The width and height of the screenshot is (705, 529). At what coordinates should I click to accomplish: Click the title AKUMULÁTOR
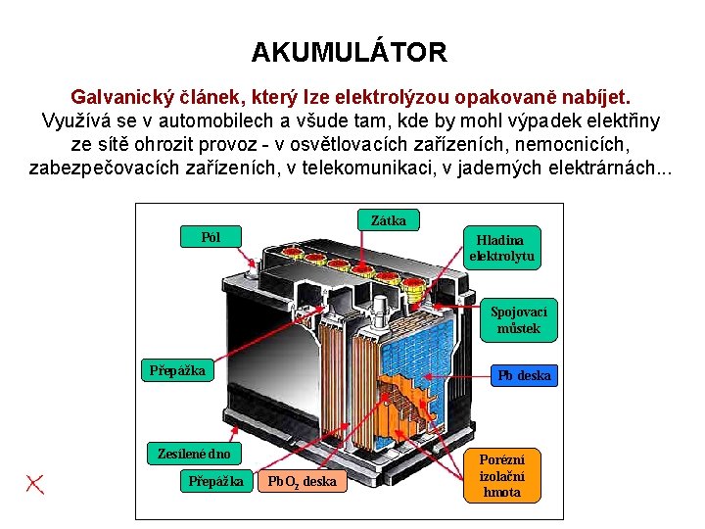tap(350, 52)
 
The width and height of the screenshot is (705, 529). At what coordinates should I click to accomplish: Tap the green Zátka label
tap(389, 220)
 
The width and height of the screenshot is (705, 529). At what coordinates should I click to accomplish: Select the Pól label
tap(211, 236)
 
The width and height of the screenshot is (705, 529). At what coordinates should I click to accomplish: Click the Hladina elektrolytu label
tap(502, 248)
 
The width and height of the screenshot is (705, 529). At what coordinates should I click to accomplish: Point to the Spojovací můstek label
tap(519, 319)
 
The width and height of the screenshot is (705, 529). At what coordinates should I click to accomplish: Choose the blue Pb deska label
tap(524, 375)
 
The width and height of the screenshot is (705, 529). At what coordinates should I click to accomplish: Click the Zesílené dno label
tap(194, 454)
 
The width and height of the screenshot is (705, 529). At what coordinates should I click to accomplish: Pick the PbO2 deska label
tap(302, 481)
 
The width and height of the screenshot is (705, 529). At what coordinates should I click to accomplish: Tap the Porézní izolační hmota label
tap(502, 475)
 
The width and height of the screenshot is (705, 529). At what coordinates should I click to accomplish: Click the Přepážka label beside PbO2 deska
tap(216, 481)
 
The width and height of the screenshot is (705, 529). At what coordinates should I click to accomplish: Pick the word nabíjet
tap(596, 98)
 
